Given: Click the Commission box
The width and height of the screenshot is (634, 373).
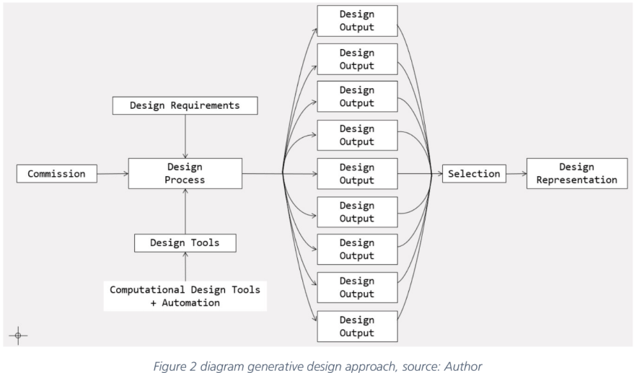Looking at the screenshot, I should click(56, 173).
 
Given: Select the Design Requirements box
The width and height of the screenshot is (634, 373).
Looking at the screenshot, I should click(185, 105).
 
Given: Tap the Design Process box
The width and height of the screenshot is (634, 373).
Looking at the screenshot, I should click(185, 173).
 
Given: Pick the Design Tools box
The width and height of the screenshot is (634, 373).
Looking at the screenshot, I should click(185, 242).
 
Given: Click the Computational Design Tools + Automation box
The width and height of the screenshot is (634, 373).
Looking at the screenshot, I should click(185, 296).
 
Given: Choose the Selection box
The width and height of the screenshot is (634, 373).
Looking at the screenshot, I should click(474, 173).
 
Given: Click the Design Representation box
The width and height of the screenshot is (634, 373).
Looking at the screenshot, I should click(576, 173).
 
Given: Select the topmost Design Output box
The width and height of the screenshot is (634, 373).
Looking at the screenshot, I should click(357, 21).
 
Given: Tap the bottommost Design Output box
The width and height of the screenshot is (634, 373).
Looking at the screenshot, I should click(357, 326).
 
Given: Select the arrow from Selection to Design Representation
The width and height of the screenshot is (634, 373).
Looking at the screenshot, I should click(516, 173).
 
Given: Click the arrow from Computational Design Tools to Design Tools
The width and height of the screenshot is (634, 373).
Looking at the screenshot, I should click(185, 266).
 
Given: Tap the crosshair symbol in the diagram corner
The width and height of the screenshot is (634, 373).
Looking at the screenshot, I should click(18, 335).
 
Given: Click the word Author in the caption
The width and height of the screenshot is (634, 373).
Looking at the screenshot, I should click(463, 367).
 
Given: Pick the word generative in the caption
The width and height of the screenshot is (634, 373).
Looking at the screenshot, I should click(279, 367).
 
